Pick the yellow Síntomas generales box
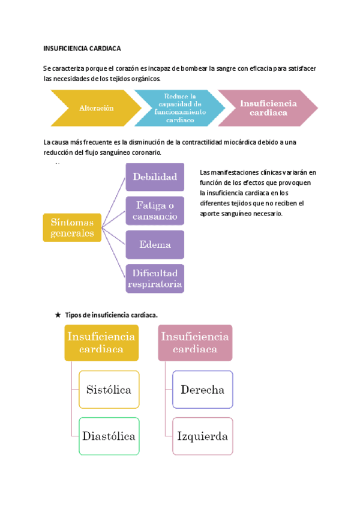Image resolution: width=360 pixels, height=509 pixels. pyautogui.click(x=71, y=228)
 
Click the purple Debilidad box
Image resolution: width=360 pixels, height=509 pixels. pyautogui.click(x=155, y=176)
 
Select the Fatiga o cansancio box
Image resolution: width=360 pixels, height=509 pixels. pyautogui.click(x=155, y=211)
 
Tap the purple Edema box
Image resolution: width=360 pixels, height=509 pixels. pyautogui.click(x=155, y=245)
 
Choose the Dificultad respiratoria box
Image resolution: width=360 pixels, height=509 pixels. pyautogui.click(x=155, y=279)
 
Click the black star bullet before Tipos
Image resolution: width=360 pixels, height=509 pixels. pyautogui.click(x=58, y=315)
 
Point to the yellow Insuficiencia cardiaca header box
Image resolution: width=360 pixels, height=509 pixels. pyautogui.click(x=101, y=343)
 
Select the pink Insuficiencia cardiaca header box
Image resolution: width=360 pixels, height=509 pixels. pyautogui.click(x=195, y=343)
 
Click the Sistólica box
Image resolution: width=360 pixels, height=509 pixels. pyautogui.click(x=109, y=390)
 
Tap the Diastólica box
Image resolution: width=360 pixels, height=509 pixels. pyautogui.click(x=109, y=436)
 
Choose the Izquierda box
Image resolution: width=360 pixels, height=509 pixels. pyautogui.click(x=202, y=436)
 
